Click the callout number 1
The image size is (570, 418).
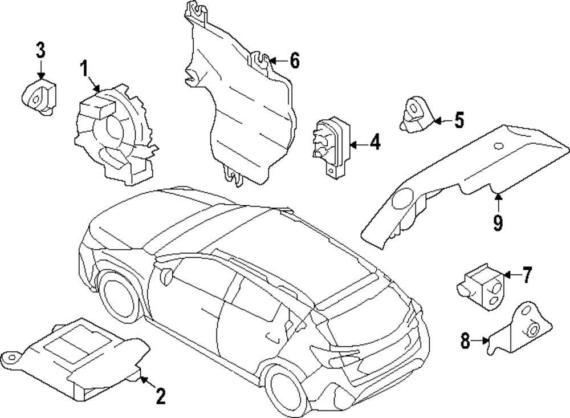pos(84,71)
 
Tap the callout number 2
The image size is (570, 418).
pos(161,395)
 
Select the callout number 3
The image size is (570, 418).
pos(40,50)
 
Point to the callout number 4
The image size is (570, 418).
pos(374,143)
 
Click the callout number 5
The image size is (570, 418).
pos(459,120)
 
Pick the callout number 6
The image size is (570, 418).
pos(294,60)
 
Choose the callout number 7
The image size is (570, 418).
pos(526,276)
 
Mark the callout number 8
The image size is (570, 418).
pos(466,341)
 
